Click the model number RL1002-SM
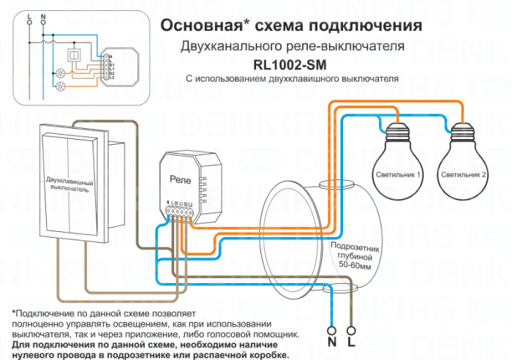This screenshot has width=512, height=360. click(291, 64)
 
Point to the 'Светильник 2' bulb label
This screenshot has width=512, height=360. click(464, 175)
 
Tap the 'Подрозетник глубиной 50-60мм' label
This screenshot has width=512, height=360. click(355, 255)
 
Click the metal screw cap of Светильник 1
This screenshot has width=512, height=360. click(397, 135)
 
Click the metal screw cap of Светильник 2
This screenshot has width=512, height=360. click(462, 135)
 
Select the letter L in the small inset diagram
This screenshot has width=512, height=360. click(28, 16)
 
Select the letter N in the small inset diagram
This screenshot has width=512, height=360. click(42, 16)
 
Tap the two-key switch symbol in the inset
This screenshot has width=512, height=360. click(74, 55)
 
